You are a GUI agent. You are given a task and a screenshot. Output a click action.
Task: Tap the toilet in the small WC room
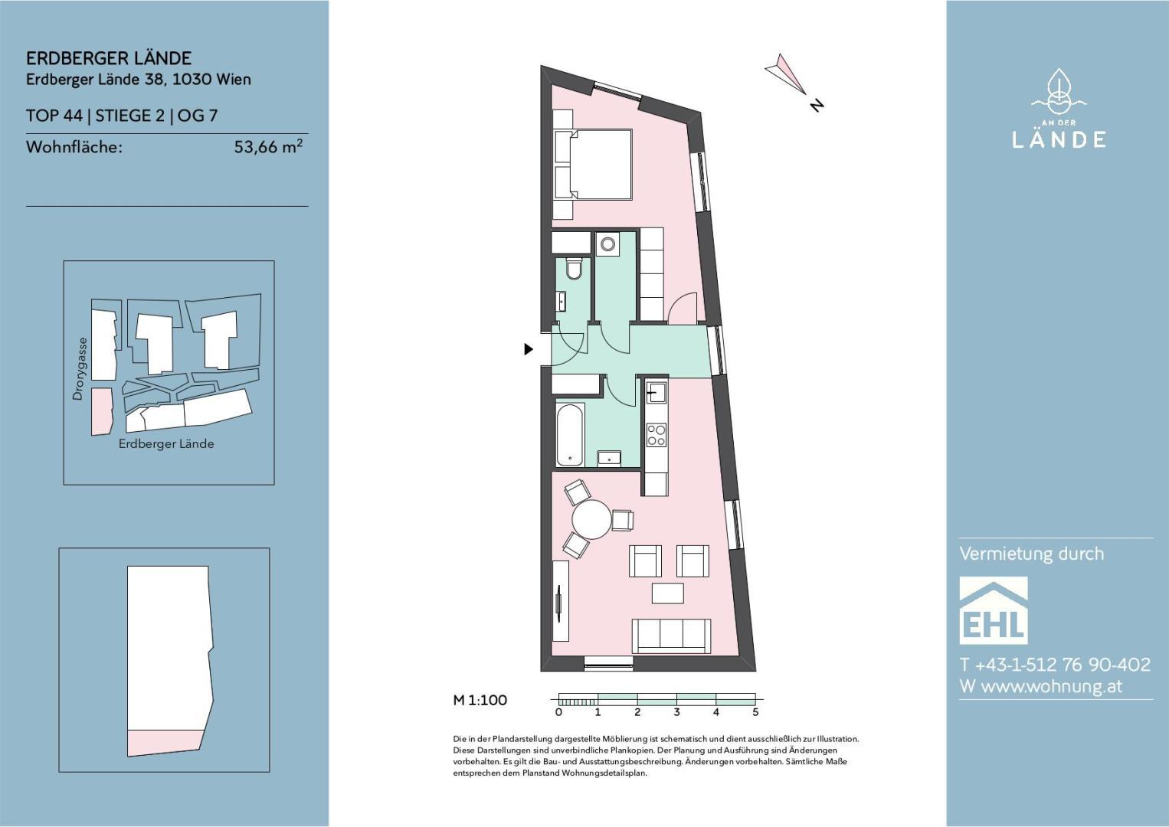tap(574, 268)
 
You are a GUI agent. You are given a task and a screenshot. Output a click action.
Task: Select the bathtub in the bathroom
tap(569, 435)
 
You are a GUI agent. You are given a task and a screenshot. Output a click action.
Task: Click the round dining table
tap(592, 519)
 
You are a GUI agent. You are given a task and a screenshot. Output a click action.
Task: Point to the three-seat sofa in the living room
tap(671, 636)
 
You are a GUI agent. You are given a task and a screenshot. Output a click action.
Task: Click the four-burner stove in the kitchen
tap(657, 435)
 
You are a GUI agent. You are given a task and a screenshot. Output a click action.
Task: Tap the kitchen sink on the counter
tap(657, 392)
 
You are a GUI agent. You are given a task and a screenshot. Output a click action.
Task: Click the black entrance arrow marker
tap(529, 349)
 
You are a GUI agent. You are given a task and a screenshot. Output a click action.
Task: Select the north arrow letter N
tap(817, 105)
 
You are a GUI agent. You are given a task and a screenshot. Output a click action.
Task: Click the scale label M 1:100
tap(480, 700)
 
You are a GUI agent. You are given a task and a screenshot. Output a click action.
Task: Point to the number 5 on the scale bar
tap(755, 711)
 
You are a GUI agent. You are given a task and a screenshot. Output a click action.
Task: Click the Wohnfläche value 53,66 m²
tap(268, 146)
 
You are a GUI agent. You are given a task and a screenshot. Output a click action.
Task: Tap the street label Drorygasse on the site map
tap(78, 369)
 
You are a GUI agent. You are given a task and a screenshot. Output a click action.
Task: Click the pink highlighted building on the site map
tap(102, 411)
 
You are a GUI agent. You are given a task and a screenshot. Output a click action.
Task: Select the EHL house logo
tap(994, 610)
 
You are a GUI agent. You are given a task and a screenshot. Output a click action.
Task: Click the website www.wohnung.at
tap(1052, 686)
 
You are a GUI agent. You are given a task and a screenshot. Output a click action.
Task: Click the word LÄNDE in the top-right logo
tap(1059, 139)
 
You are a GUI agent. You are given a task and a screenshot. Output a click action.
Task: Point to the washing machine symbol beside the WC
tap(607, 244)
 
